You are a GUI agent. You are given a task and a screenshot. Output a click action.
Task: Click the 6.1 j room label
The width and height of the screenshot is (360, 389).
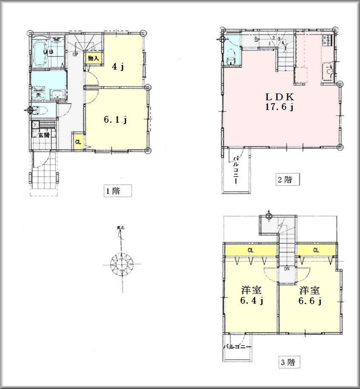click(116, 120)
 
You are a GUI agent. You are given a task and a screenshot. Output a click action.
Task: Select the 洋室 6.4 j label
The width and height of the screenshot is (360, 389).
click(252, 296)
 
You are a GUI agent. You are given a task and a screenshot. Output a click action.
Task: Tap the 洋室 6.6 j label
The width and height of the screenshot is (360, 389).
click(309, 296)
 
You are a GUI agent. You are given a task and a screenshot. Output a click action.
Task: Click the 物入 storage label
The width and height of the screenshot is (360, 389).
click(93, 58)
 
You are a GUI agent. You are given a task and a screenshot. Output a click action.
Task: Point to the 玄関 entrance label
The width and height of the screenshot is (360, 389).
click(43, 135)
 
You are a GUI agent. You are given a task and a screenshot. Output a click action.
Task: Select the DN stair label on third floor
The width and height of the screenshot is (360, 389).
click(287, 269)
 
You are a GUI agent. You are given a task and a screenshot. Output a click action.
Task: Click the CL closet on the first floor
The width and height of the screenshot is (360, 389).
click(78, 142)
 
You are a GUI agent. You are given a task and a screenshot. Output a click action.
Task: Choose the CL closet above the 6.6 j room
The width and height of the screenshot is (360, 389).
click(316, 251)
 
